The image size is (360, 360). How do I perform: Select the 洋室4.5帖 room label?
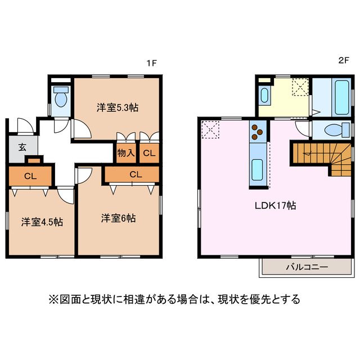point(42,222)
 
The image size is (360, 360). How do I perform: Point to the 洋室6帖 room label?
point(118,218)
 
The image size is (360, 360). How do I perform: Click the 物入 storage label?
point(125,152)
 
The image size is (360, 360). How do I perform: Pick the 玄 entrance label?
point(22,148)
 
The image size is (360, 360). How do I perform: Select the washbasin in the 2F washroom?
point(264,93)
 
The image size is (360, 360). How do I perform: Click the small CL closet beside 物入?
point(148,152)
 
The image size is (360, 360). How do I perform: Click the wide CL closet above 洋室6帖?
point(135,174)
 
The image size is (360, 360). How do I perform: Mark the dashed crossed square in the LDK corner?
point(211,129)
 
